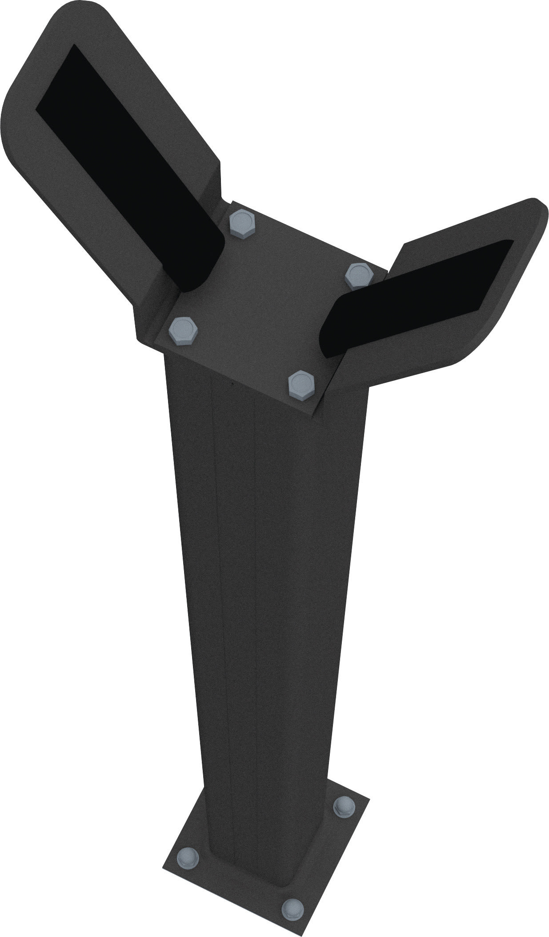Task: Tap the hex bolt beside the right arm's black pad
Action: [360, 275]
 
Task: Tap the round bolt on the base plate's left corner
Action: [189, 856]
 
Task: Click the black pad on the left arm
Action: [129, 169]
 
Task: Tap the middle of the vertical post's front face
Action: [267, 577]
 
